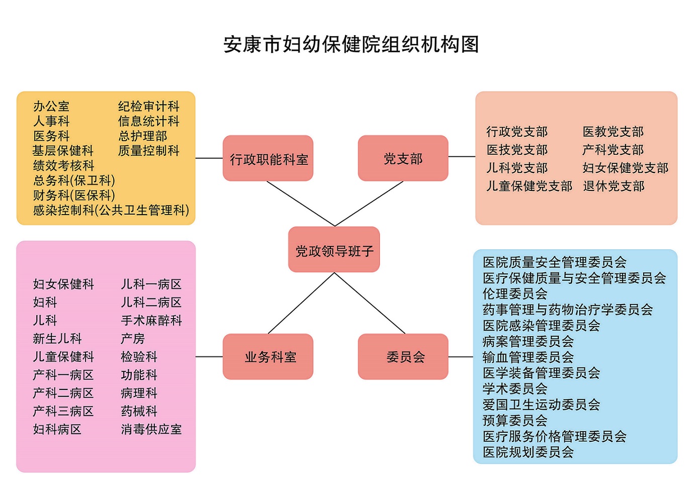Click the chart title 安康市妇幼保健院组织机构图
click(351, 44)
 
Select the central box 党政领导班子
click(334, 250)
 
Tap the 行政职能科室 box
click(268, 158)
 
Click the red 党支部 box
click(403, 158)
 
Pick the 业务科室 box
click(268, 357)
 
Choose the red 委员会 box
click(403, 357)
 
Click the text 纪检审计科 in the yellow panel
click(148, 107)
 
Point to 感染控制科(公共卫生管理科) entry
click(111, 210)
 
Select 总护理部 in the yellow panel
click(142, 136)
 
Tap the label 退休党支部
click(614, 186)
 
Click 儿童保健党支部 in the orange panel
click(529, 186)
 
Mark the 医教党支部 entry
click(613, 132)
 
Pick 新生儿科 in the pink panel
click(57, 339)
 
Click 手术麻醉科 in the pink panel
click(151, 321)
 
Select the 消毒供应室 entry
click(151, 429)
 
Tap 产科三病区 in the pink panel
click(63, 411)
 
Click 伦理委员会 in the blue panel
click(515, 293)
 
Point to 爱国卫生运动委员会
click(541, 405)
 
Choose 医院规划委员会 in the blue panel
click(528, 452)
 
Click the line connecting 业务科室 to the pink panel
click(209, 357)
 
